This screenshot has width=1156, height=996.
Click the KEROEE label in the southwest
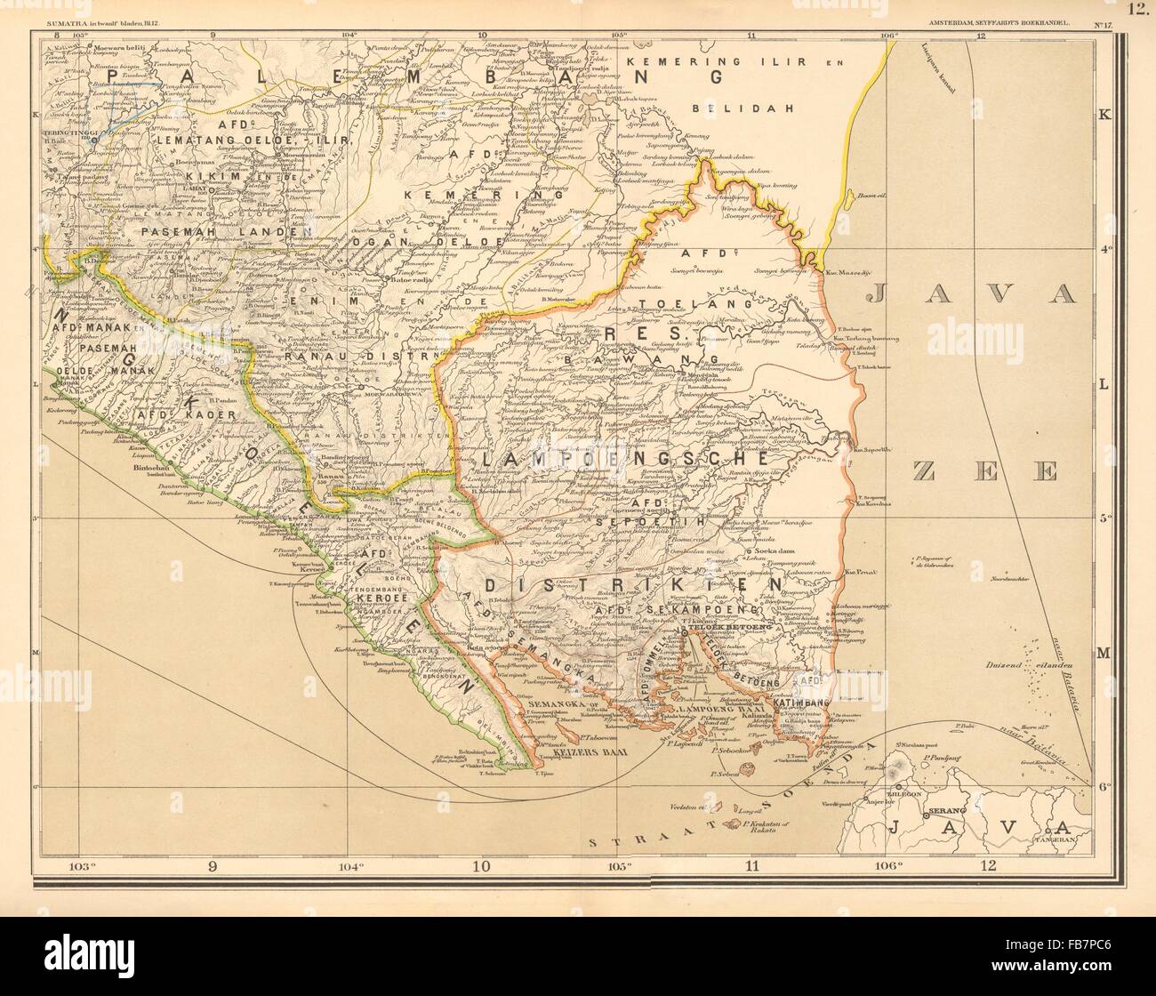point(381,599)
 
